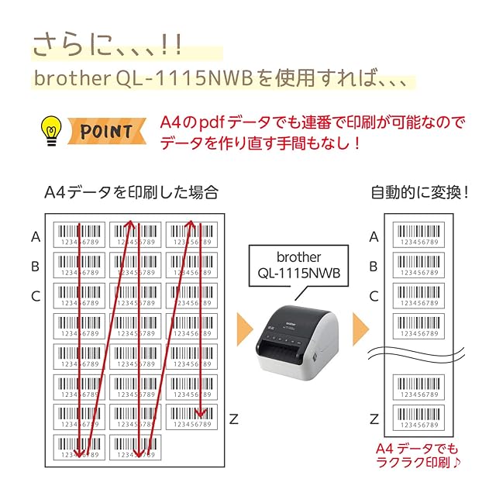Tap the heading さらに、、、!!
click(x=108, y=44)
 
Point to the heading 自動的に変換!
click(x=419, y=191)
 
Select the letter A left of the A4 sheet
click(x=36, y=237)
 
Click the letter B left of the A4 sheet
click(x=36, y=267)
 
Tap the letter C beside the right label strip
click(x=374, y=295)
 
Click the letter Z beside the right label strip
click(x=374, y=419)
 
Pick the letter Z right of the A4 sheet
click(x=233, y=419)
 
